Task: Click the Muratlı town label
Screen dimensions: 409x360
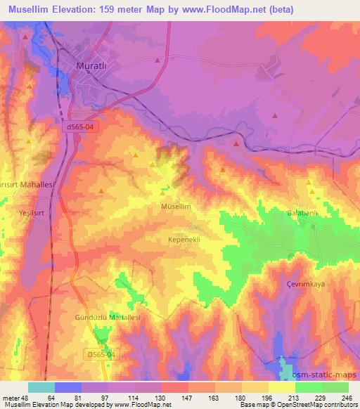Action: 91,67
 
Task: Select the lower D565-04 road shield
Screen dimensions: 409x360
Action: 101,354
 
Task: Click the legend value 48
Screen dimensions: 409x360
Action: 28,398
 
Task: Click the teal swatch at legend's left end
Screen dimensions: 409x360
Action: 41,387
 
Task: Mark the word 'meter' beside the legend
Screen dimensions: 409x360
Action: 11,398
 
